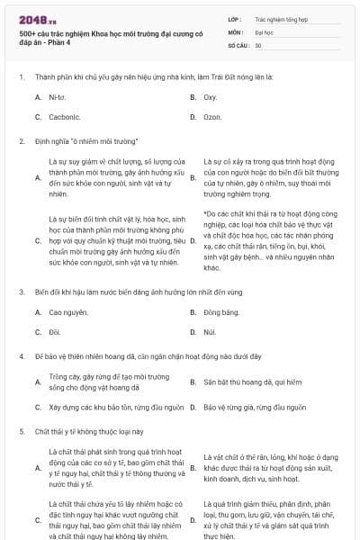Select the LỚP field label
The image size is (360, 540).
point(235,19)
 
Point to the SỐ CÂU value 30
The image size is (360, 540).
point(258,44)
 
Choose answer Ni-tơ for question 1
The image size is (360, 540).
point(57,97)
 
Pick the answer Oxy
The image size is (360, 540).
point(210,97)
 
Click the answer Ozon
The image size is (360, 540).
point(212,117)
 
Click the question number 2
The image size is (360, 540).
point(21,141)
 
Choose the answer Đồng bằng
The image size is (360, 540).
point(221,312)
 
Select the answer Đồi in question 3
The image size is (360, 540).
point(54,332)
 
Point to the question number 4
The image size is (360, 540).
point(21,356)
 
